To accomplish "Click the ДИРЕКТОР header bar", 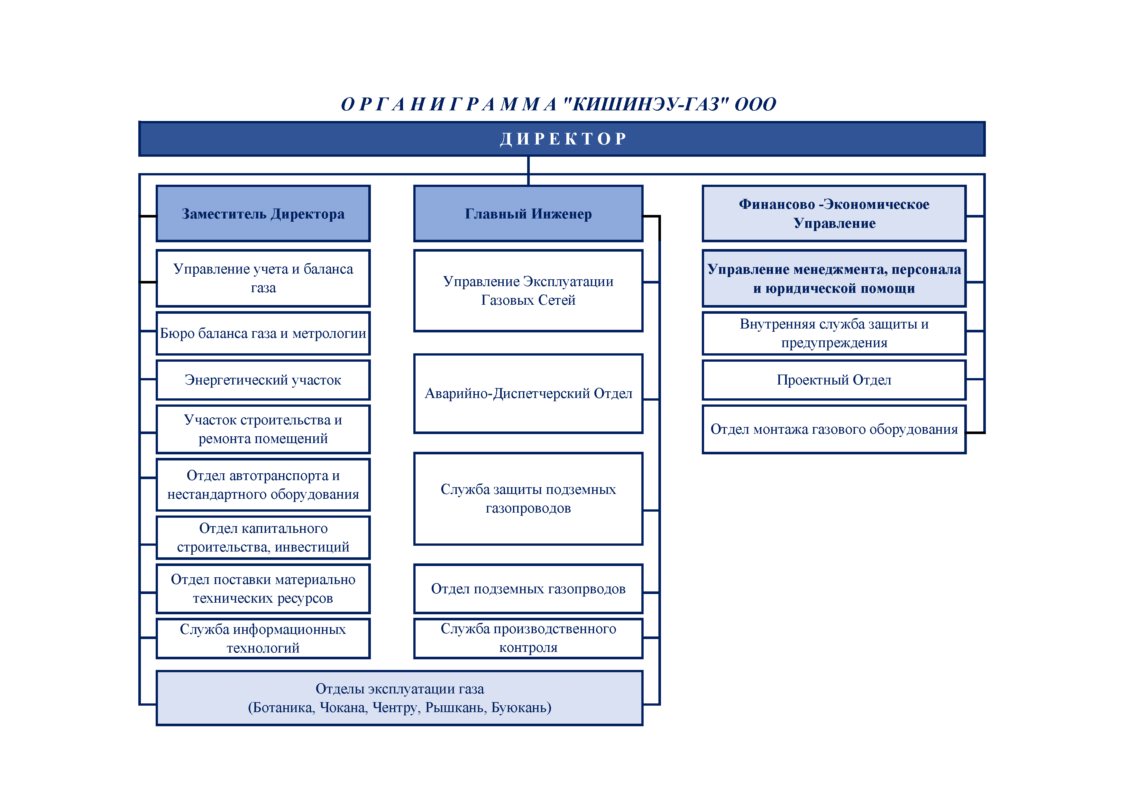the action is click(x=562, y=139).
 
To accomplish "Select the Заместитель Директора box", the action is click(x=263, y=214).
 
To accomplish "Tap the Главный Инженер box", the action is click(x=528, y=214).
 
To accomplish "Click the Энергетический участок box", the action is click(x=263, y=380).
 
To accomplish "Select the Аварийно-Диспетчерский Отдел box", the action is click(x=528, y=394).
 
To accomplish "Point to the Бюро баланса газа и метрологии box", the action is click(x=263, y=333).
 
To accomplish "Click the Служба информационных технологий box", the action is click(x=263, y=638).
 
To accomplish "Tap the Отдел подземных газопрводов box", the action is click(x=528, y=589).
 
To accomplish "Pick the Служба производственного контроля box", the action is click(x=528, y=638).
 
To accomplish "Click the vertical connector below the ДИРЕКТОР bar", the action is click(x=528, y=171).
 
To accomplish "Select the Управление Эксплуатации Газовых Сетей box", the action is click(x=528, y=291).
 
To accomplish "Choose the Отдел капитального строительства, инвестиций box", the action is click(x=263, y=538).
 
